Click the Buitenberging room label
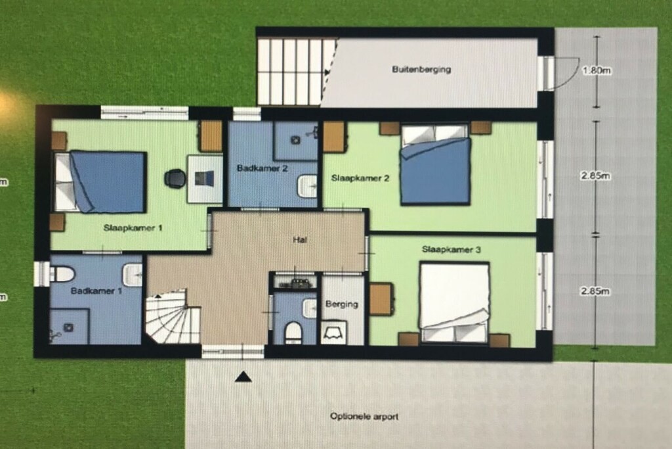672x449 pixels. pyautogui.click(x=421, y=69)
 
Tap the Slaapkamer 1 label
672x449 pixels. pyautogui.click(x=133, y=228)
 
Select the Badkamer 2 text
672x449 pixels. pyautogui.click(x=262, y=168)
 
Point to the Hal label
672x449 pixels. pyautogui.click(x=300, y=240)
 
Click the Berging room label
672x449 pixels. pyautogui.click(x=341, y=304)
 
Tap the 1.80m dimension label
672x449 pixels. pyautogui.click(x=596, y=70)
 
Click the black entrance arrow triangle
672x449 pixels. pyautogui.click(x=243, y=377)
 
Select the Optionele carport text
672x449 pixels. pyautogui.click(x=364, y=416)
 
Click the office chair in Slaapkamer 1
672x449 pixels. pyautogui.click(x=175, y=178)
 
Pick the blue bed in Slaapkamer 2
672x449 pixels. pyautogui.click(x=436, y=164)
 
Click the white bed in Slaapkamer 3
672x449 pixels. pyautogui.click(x=454, y=303)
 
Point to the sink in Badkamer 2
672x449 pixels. pyautogui.click(x=307, y=186)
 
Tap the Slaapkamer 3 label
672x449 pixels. pyautogui.click(x=451, y=249)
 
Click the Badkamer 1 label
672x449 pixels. pyautogui.click(x=96, y=291)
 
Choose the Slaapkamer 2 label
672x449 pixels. pyautogui.click(x=360, y=178)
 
